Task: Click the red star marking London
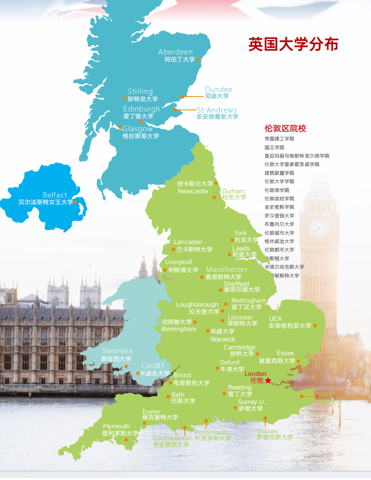pos(268,380)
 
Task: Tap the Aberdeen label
pos(176,52)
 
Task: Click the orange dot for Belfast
pos(75,202)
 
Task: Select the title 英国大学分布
pos(293,44)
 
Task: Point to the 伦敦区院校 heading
pos(285,129)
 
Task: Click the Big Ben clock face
pos(318,228)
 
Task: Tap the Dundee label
pos(218,90)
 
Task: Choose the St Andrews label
pos(216,110)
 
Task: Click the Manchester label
pos(227,270)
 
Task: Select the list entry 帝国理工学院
pos(279,139)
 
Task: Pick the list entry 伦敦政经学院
pos(279,199)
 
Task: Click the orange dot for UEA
pos(315,325)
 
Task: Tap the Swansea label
pos(117,351)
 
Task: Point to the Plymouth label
pos(116,426)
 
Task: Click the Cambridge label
pos(239,347)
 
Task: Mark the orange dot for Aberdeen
pos(198,59)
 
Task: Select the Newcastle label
pos(193,191)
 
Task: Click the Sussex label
pos(267,431)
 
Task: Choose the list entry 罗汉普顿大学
pos(279,216)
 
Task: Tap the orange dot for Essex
pos(298,361)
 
